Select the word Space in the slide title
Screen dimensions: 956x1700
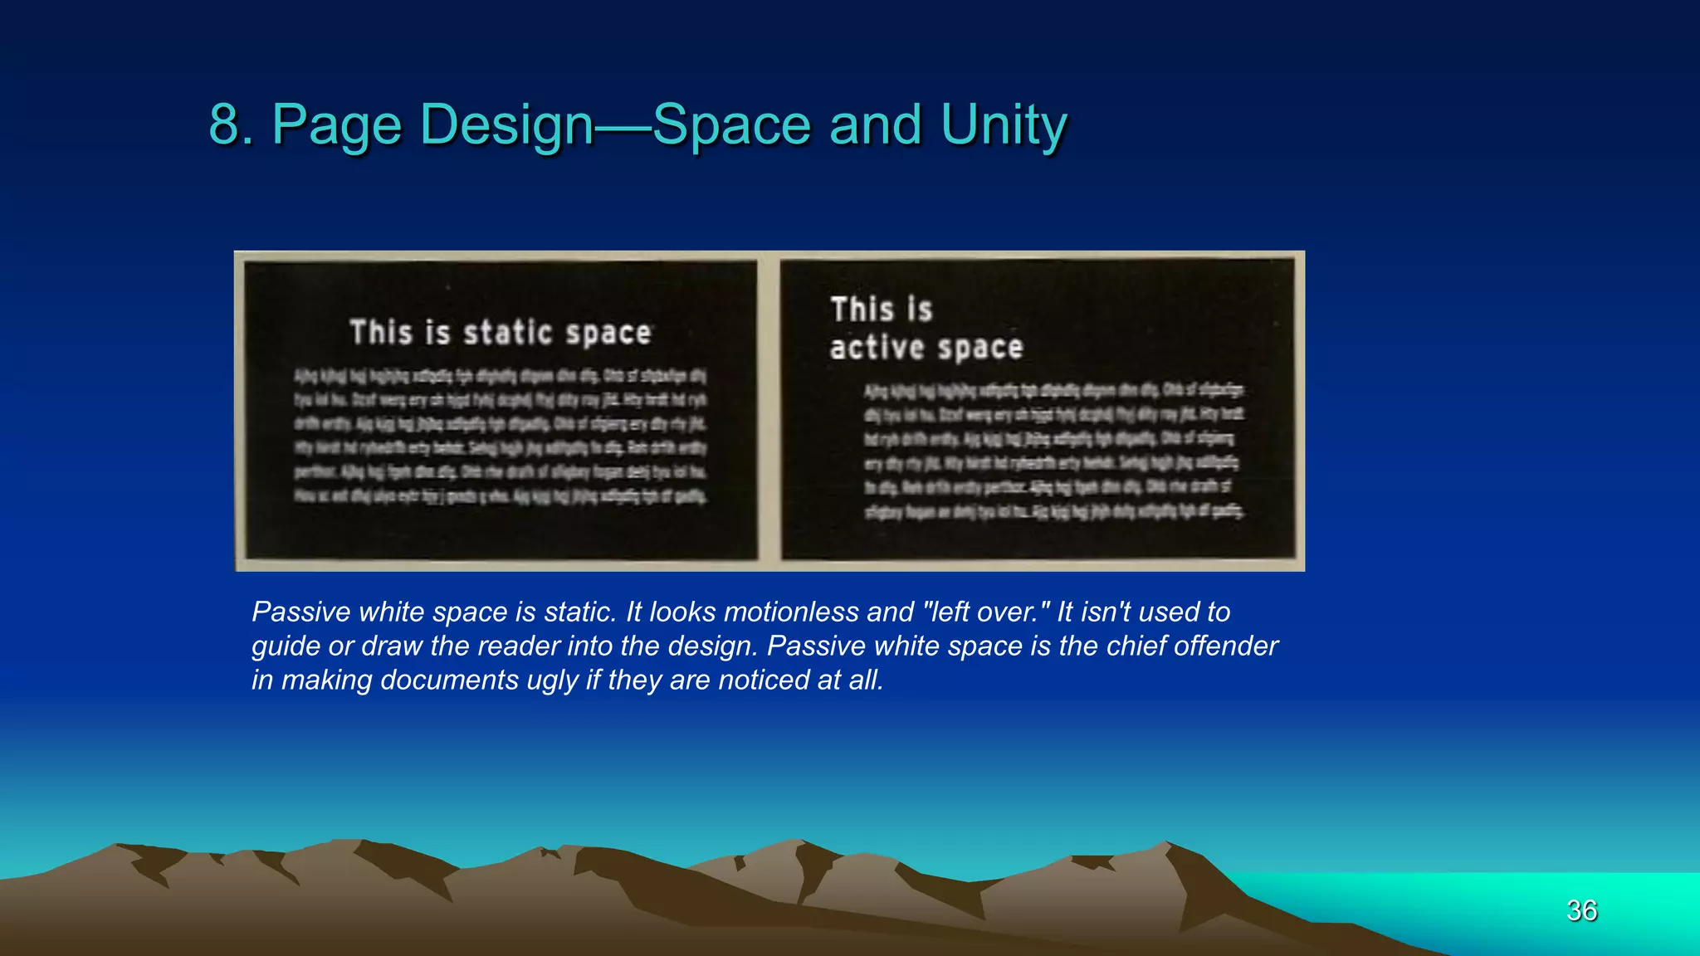(x=731, y=125)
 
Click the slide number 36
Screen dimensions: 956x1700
(x=1581, y=910)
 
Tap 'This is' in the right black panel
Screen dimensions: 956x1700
(x=882, y=310)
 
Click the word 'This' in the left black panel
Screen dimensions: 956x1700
(x=381, y=333)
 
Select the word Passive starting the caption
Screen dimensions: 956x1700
(x=301, y=612)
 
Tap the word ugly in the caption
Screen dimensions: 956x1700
(x=552, y=680)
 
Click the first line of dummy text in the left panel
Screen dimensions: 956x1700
(x=500, y=376)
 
